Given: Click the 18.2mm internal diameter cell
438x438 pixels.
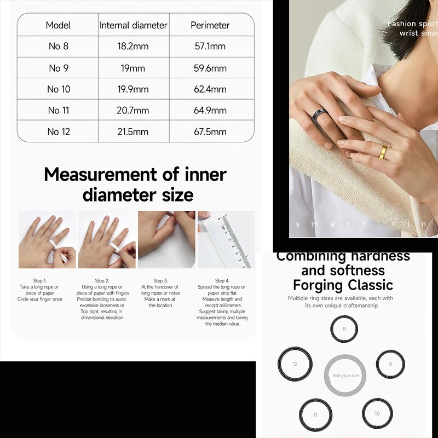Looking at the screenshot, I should [134, 47].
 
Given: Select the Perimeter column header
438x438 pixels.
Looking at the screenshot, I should [210, 25].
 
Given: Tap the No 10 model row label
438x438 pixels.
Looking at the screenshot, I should [59, 89].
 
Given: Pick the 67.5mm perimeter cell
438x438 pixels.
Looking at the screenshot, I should [211, 132].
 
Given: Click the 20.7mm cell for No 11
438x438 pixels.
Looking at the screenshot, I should [133, 111].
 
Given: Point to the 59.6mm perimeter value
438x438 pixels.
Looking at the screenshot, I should [211, 68].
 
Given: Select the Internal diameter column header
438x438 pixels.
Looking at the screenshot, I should [134, 25].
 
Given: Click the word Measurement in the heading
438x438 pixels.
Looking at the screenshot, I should [104, 175].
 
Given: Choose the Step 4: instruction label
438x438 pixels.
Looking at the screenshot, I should [221, 280].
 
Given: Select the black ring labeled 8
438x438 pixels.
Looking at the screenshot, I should [344, 330].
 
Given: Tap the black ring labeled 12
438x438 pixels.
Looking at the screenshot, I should [295, 364].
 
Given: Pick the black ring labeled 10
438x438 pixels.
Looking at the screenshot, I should [377, 413].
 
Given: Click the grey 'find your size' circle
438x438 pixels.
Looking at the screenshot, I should [345, 375].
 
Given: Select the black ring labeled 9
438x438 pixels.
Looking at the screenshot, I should [390, 364].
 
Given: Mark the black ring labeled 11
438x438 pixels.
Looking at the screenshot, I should [315, 414].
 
